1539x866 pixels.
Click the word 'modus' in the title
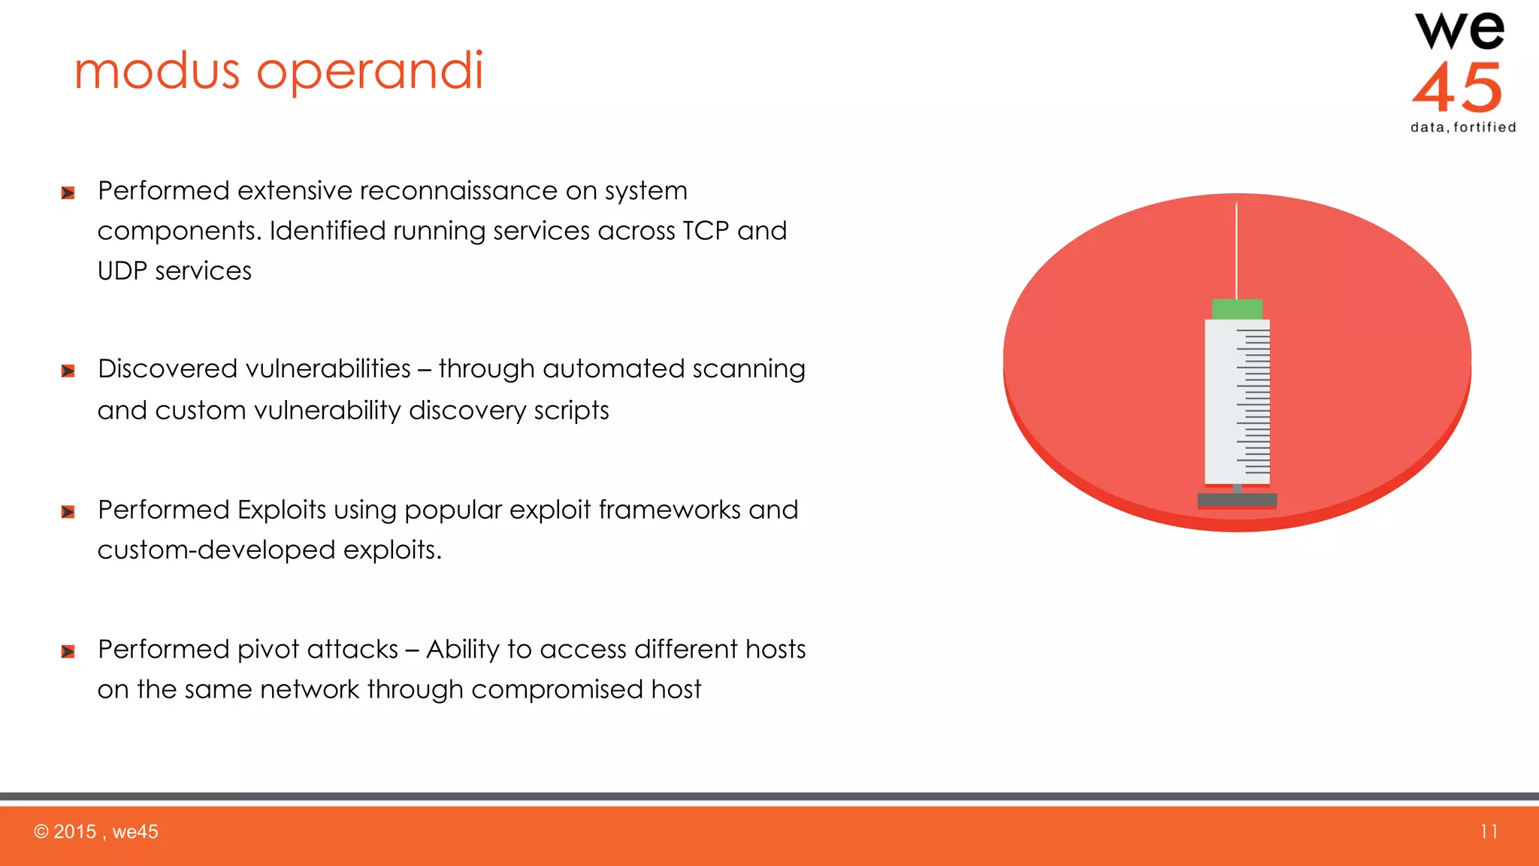(156, 72)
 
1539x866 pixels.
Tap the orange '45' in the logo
(1457, 88)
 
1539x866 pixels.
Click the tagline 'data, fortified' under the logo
(1463, 127)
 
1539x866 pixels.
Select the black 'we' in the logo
(1459, 32)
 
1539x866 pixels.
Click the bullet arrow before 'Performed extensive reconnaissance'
(68, 193)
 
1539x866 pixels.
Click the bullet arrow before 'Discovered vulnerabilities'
(68, 371)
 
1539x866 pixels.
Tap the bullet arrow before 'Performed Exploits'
(68, 512)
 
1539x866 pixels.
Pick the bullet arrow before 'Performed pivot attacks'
(68, 651)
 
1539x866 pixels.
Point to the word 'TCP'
(705, 231)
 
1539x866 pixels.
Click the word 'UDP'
(122, 271)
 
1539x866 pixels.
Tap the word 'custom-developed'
(216, 550)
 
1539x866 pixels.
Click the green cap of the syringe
(1237, 309)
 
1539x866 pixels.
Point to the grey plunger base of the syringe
(1237, 500)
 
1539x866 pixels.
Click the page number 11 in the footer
(1489, 831)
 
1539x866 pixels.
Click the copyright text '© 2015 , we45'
(96, 831)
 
